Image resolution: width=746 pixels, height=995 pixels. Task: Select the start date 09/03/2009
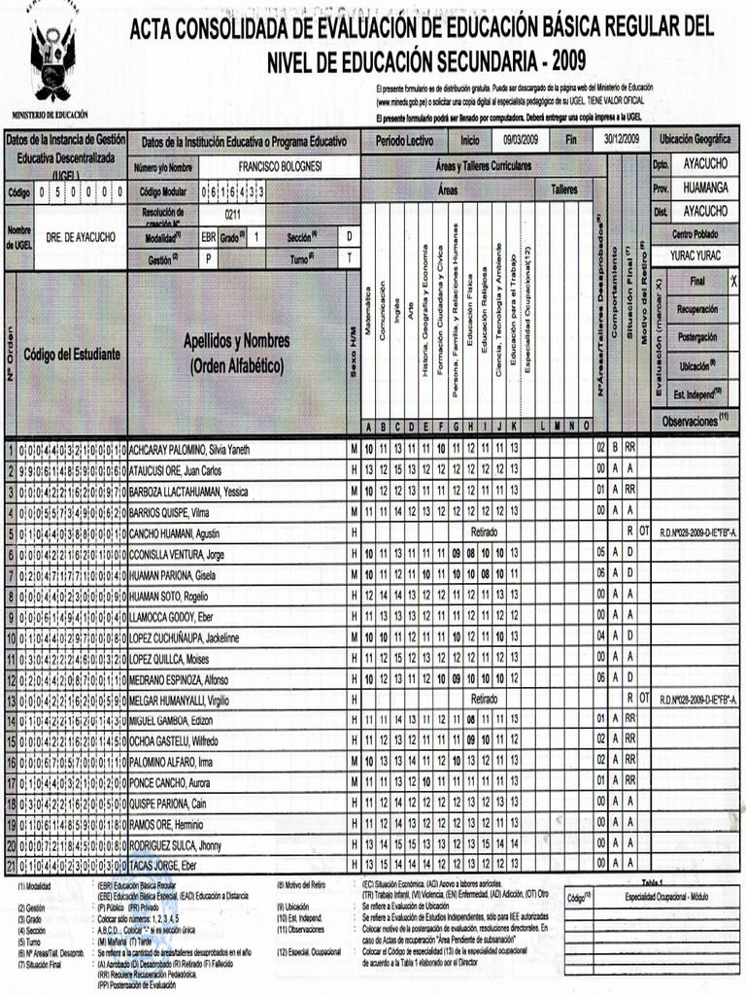click(521, 141)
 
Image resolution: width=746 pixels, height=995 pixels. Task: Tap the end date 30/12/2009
click(621, 141)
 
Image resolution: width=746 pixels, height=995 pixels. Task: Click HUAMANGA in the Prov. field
click(704, 188)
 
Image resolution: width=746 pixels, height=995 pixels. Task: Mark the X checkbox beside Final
click(733, 281)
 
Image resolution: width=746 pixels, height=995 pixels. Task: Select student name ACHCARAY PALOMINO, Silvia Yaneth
click(189, 450)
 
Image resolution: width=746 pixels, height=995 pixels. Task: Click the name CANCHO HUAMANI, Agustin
click(174, 533)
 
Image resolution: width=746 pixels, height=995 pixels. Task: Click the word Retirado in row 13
click(484, 699)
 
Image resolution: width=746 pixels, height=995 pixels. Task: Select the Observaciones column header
click(694, 422)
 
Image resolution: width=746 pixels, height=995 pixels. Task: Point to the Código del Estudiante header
click(72, 355)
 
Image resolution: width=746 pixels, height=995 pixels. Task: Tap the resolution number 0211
click(232, 214)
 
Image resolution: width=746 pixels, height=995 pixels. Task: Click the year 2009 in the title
click(562, 61)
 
